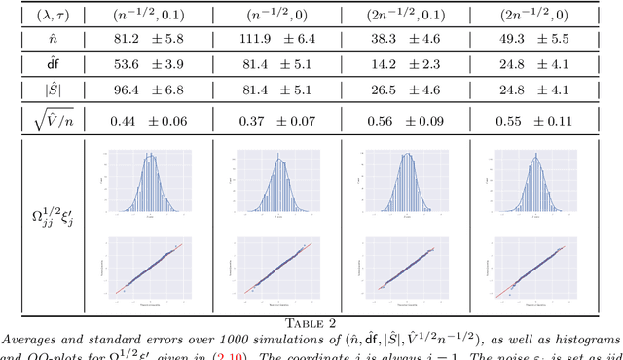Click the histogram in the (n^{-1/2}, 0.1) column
[147, 185]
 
